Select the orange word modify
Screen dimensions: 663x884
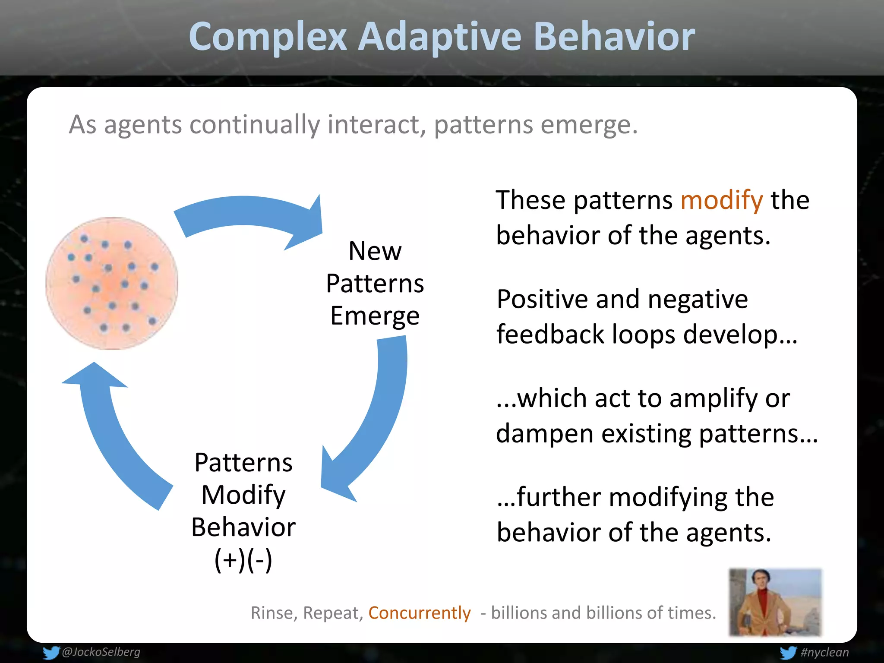pyautogui.click(x=721, y=201)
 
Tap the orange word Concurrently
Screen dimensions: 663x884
pyautogui.click(x=419, y=613)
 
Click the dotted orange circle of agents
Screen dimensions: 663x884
pyautogui.click(x=112, y=284)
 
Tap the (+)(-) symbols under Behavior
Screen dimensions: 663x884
pyautogui.click(x=243, y=560)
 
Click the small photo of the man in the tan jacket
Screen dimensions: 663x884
pyautogui.click(x=775, y=602)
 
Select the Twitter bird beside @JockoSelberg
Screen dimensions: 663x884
pyautogui.click(x=51, y=652)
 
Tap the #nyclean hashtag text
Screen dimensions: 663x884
pyautogui.click(x=824, y=652)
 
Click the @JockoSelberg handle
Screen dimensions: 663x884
pyautogui.click(x=101, y=652)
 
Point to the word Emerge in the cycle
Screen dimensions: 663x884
pyautogui.click(x=375, y=316)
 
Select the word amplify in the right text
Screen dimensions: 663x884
pyautogui.click(x=713, y=399)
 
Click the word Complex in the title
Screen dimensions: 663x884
pyautogui.click(x=268, y=37)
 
